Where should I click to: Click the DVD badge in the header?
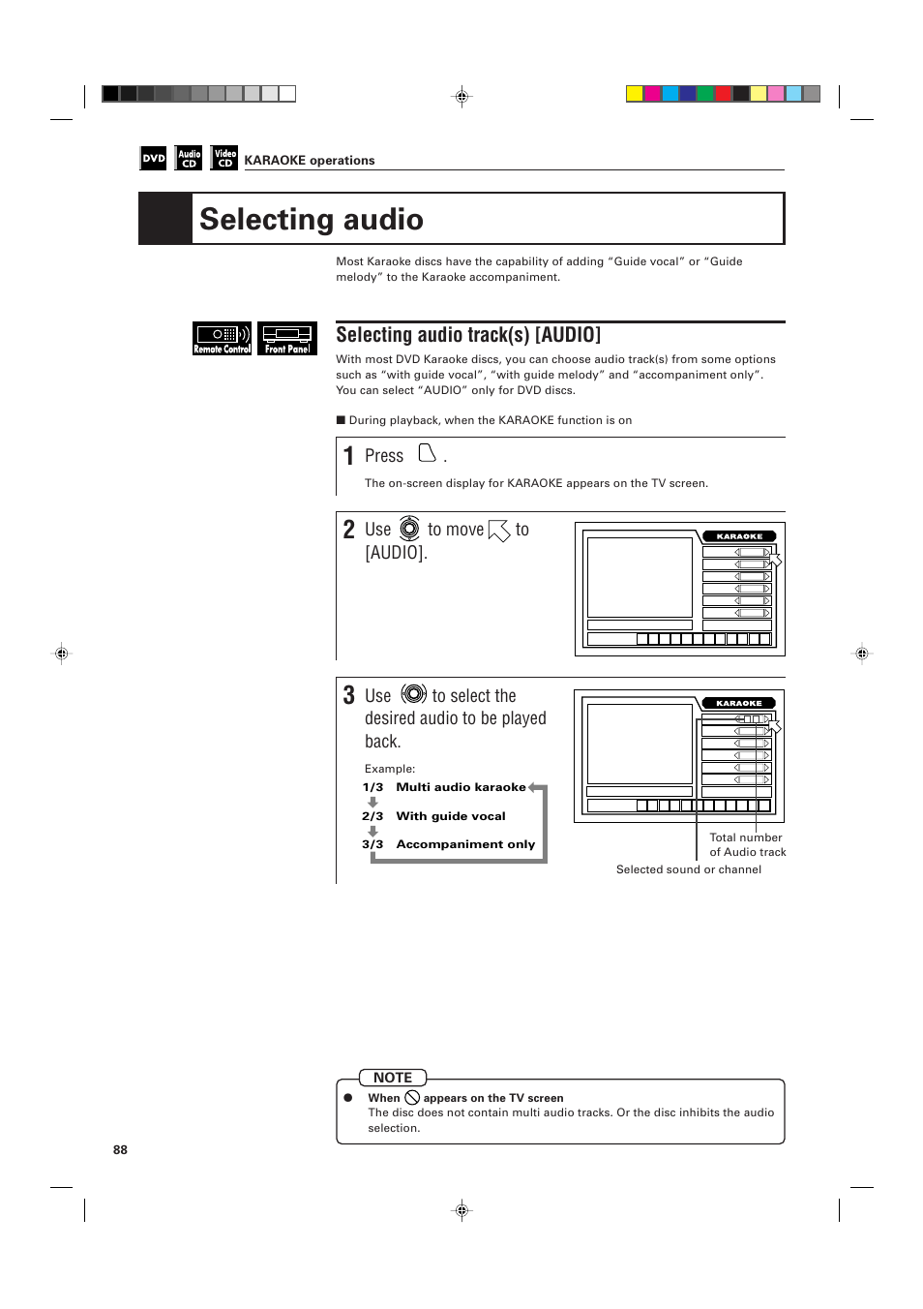pos(154,158)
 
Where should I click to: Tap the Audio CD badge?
pos(189,158)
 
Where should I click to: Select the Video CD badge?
pos(224,158)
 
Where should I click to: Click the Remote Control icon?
pos(222,338)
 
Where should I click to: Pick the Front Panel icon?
pos(287,338)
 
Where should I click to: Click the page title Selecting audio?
pos(311,220)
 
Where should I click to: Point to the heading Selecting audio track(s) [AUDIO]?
pos(468,335)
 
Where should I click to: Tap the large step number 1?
pos(348,456)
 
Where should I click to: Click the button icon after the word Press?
pos(427,453)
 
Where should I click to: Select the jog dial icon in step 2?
pos(409,529)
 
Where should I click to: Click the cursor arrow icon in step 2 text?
pos(499,531)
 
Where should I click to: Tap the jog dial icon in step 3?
pos(414,694)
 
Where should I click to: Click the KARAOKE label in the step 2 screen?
pos(739,536)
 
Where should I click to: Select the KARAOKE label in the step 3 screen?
pos(739,704)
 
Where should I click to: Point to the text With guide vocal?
pos(451,816)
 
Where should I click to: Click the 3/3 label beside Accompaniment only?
pos(372,844)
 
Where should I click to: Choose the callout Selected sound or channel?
pos(688,869)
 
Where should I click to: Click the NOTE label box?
pos(393,1078)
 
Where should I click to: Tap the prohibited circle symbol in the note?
pos(412,1098)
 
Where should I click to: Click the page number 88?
pos(120,1150)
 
